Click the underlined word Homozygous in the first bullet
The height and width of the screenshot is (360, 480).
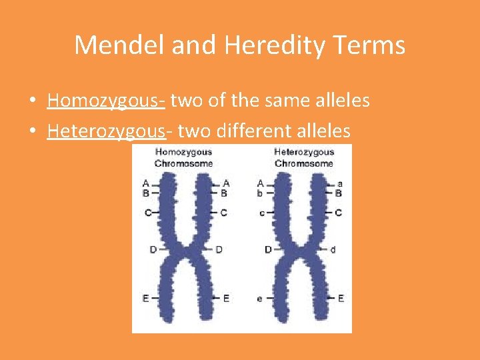click(106, 101)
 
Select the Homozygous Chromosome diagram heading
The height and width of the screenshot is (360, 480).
click(183, 157)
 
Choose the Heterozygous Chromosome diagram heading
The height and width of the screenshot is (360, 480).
click(304, 157)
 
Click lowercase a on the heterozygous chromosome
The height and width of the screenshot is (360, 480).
click(340, 183)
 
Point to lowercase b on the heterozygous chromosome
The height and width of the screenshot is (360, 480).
click(260, 193)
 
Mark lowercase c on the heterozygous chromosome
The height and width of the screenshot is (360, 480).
click(261, 213)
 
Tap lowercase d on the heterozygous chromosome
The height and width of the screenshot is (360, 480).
click(333, 250)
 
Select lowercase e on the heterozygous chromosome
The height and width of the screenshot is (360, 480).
click(259, 299)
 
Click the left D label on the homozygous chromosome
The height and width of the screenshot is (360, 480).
click(153, 250)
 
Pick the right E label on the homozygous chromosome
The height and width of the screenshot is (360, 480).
click(225, 299)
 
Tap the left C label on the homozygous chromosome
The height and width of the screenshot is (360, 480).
click(147, 213)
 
